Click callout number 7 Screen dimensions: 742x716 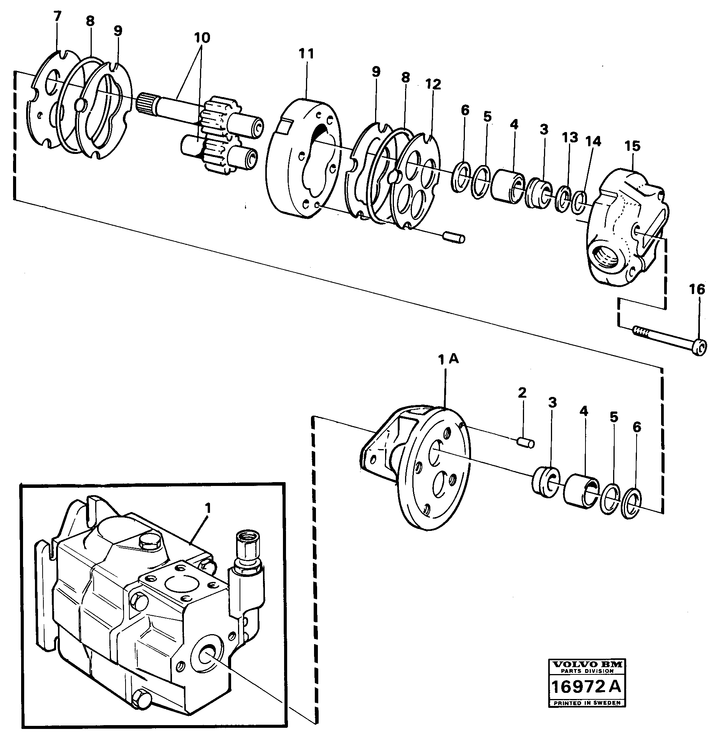pyautogui.click(x=57, y=17)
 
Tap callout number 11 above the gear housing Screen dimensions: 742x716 pyautogui.click(x=307, y=53)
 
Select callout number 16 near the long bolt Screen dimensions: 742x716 pyautogui.click(x=697, y=289)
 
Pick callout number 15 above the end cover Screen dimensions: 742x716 pyautogui.click(x=632, y=146)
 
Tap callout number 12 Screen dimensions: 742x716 pyautogui.click(x=433, y=84)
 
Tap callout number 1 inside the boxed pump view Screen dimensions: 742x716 pyautogui.click(x=207, y=509)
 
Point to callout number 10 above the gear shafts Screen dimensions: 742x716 pyautogui.click(x=202, y=38)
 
